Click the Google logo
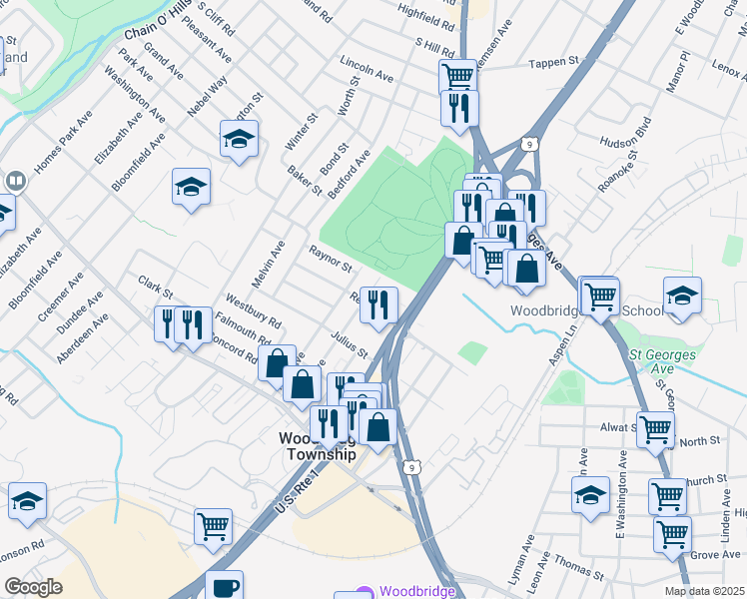[x=33, y=587]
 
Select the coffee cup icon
[x=226, y=585]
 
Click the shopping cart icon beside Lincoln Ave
[x=457, y=75]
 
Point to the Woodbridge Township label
[x=317, y=446]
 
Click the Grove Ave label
[x=715, y=554]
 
